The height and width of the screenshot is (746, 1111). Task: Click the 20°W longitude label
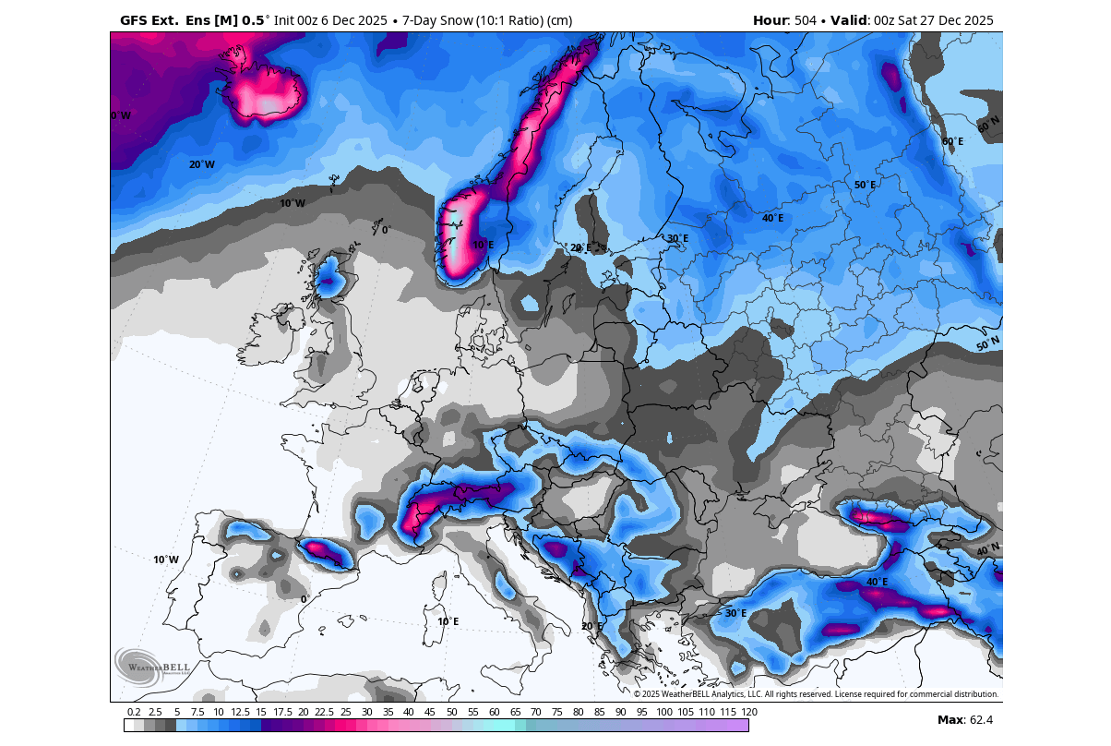click(201, 164)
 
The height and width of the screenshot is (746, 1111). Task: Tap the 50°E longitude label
click(864, 185)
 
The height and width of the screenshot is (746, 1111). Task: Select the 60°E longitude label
click(952, 141)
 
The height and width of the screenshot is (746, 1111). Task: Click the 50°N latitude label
click(987, 344)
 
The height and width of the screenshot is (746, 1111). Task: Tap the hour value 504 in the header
click(806, 20)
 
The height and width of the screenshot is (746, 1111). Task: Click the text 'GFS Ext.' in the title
click(148, 20)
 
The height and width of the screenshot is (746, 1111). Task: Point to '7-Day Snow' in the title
click(436, 20)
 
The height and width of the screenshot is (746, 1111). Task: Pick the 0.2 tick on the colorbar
click(134, 712)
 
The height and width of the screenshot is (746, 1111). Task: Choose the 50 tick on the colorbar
click(451, 712)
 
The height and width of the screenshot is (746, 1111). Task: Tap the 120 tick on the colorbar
click(748, 712)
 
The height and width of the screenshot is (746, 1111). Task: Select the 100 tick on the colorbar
click(663, 712)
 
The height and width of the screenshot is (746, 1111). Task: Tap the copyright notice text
click(815, 694)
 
